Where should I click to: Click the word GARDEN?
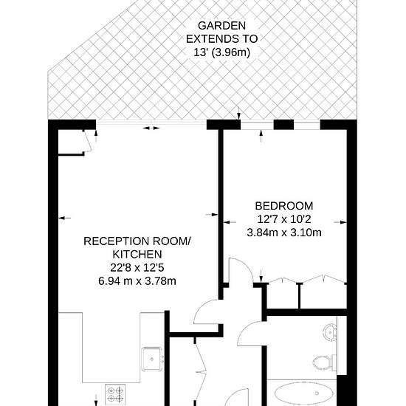pos(221,26)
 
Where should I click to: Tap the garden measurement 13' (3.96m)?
pos(222,52)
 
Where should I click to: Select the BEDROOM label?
pos(284,206)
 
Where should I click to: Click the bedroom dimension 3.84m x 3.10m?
pos(284,233)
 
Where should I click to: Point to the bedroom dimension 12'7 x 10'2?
pos(284,219)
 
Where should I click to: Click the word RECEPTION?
pos(117,241)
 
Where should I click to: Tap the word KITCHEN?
pos(137,254)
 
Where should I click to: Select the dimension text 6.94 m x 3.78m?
pos(137,281)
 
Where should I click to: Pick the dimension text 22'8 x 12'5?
pos(137,268)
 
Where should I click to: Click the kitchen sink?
pos(152,359)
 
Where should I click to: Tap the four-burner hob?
pos(115,394)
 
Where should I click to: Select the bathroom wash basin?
pos(330,331)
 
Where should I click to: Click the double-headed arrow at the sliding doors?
pos(151,128)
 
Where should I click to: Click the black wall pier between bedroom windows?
pos(283,125)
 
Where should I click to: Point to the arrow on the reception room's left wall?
pos(64,219)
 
